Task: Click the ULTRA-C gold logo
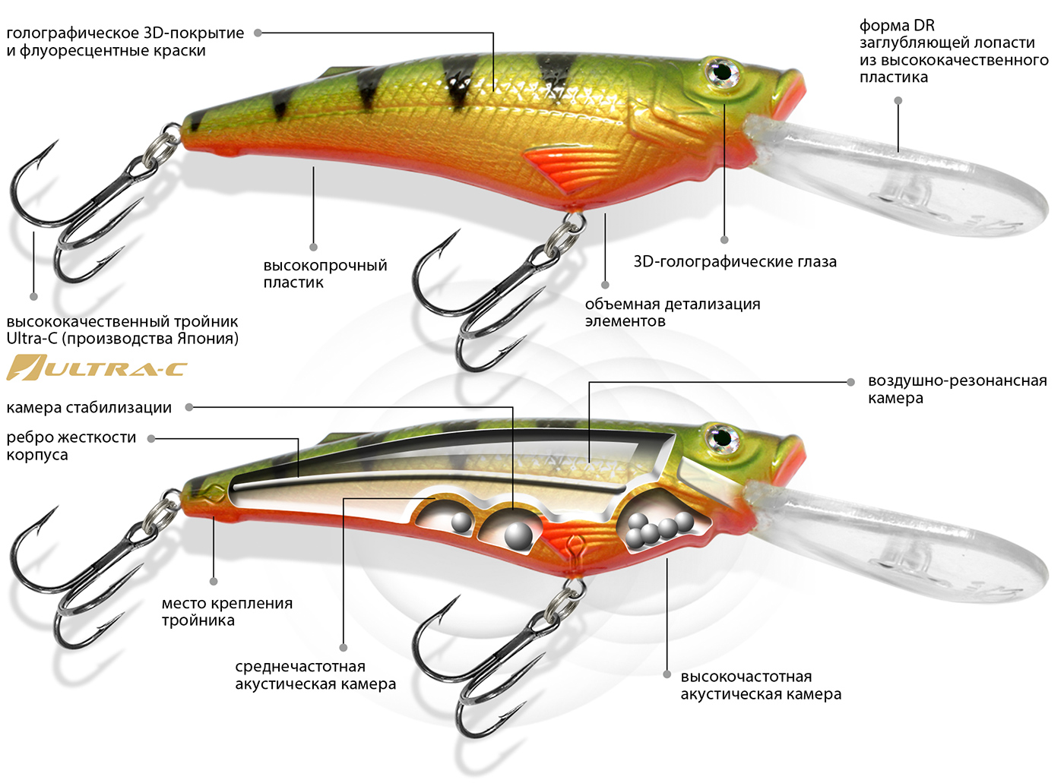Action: [x=97, y=368]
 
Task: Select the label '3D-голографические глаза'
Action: [x=734, y=262]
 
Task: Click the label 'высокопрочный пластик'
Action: [x=325, y=274]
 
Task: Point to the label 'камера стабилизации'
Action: [x=89, y=408]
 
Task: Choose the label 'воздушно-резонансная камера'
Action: [x=956, y=390]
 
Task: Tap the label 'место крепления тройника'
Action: [x=226, y=612]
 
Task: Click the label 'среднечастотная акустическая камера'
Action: [x=315, y=675]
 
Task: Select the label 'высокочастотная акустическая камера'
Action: [x=760, y=685]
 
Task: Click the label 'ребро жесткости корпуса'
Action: [x=71, y=446]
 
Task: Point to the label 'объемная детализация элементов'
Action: [x=672, y=312]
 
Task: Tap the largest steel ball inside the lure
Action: [x=519, y=535]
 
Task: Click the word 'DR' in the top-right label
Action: [x=924, y=25]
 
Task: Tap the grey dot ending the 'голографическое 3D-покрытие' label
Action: [x=258, y=33]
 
